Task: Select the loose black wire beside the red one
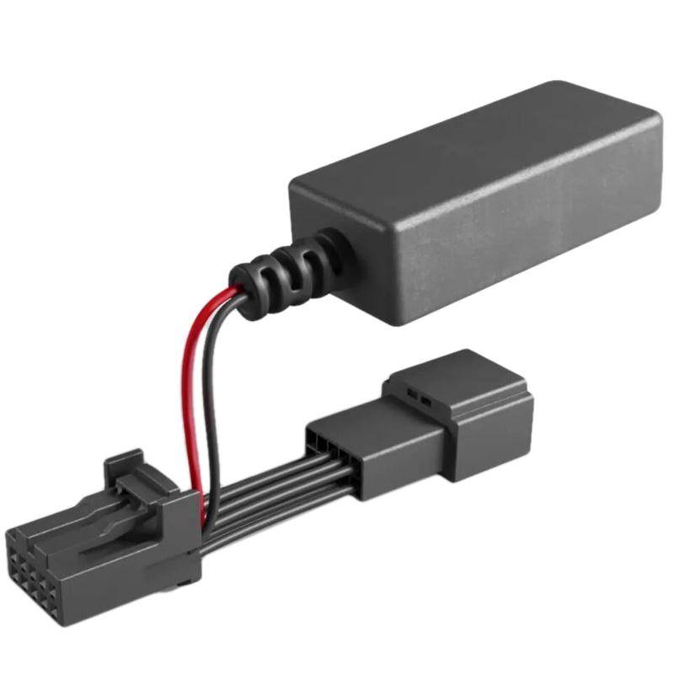(211, 396)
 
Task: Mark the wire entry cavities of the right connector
(324, 442)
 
